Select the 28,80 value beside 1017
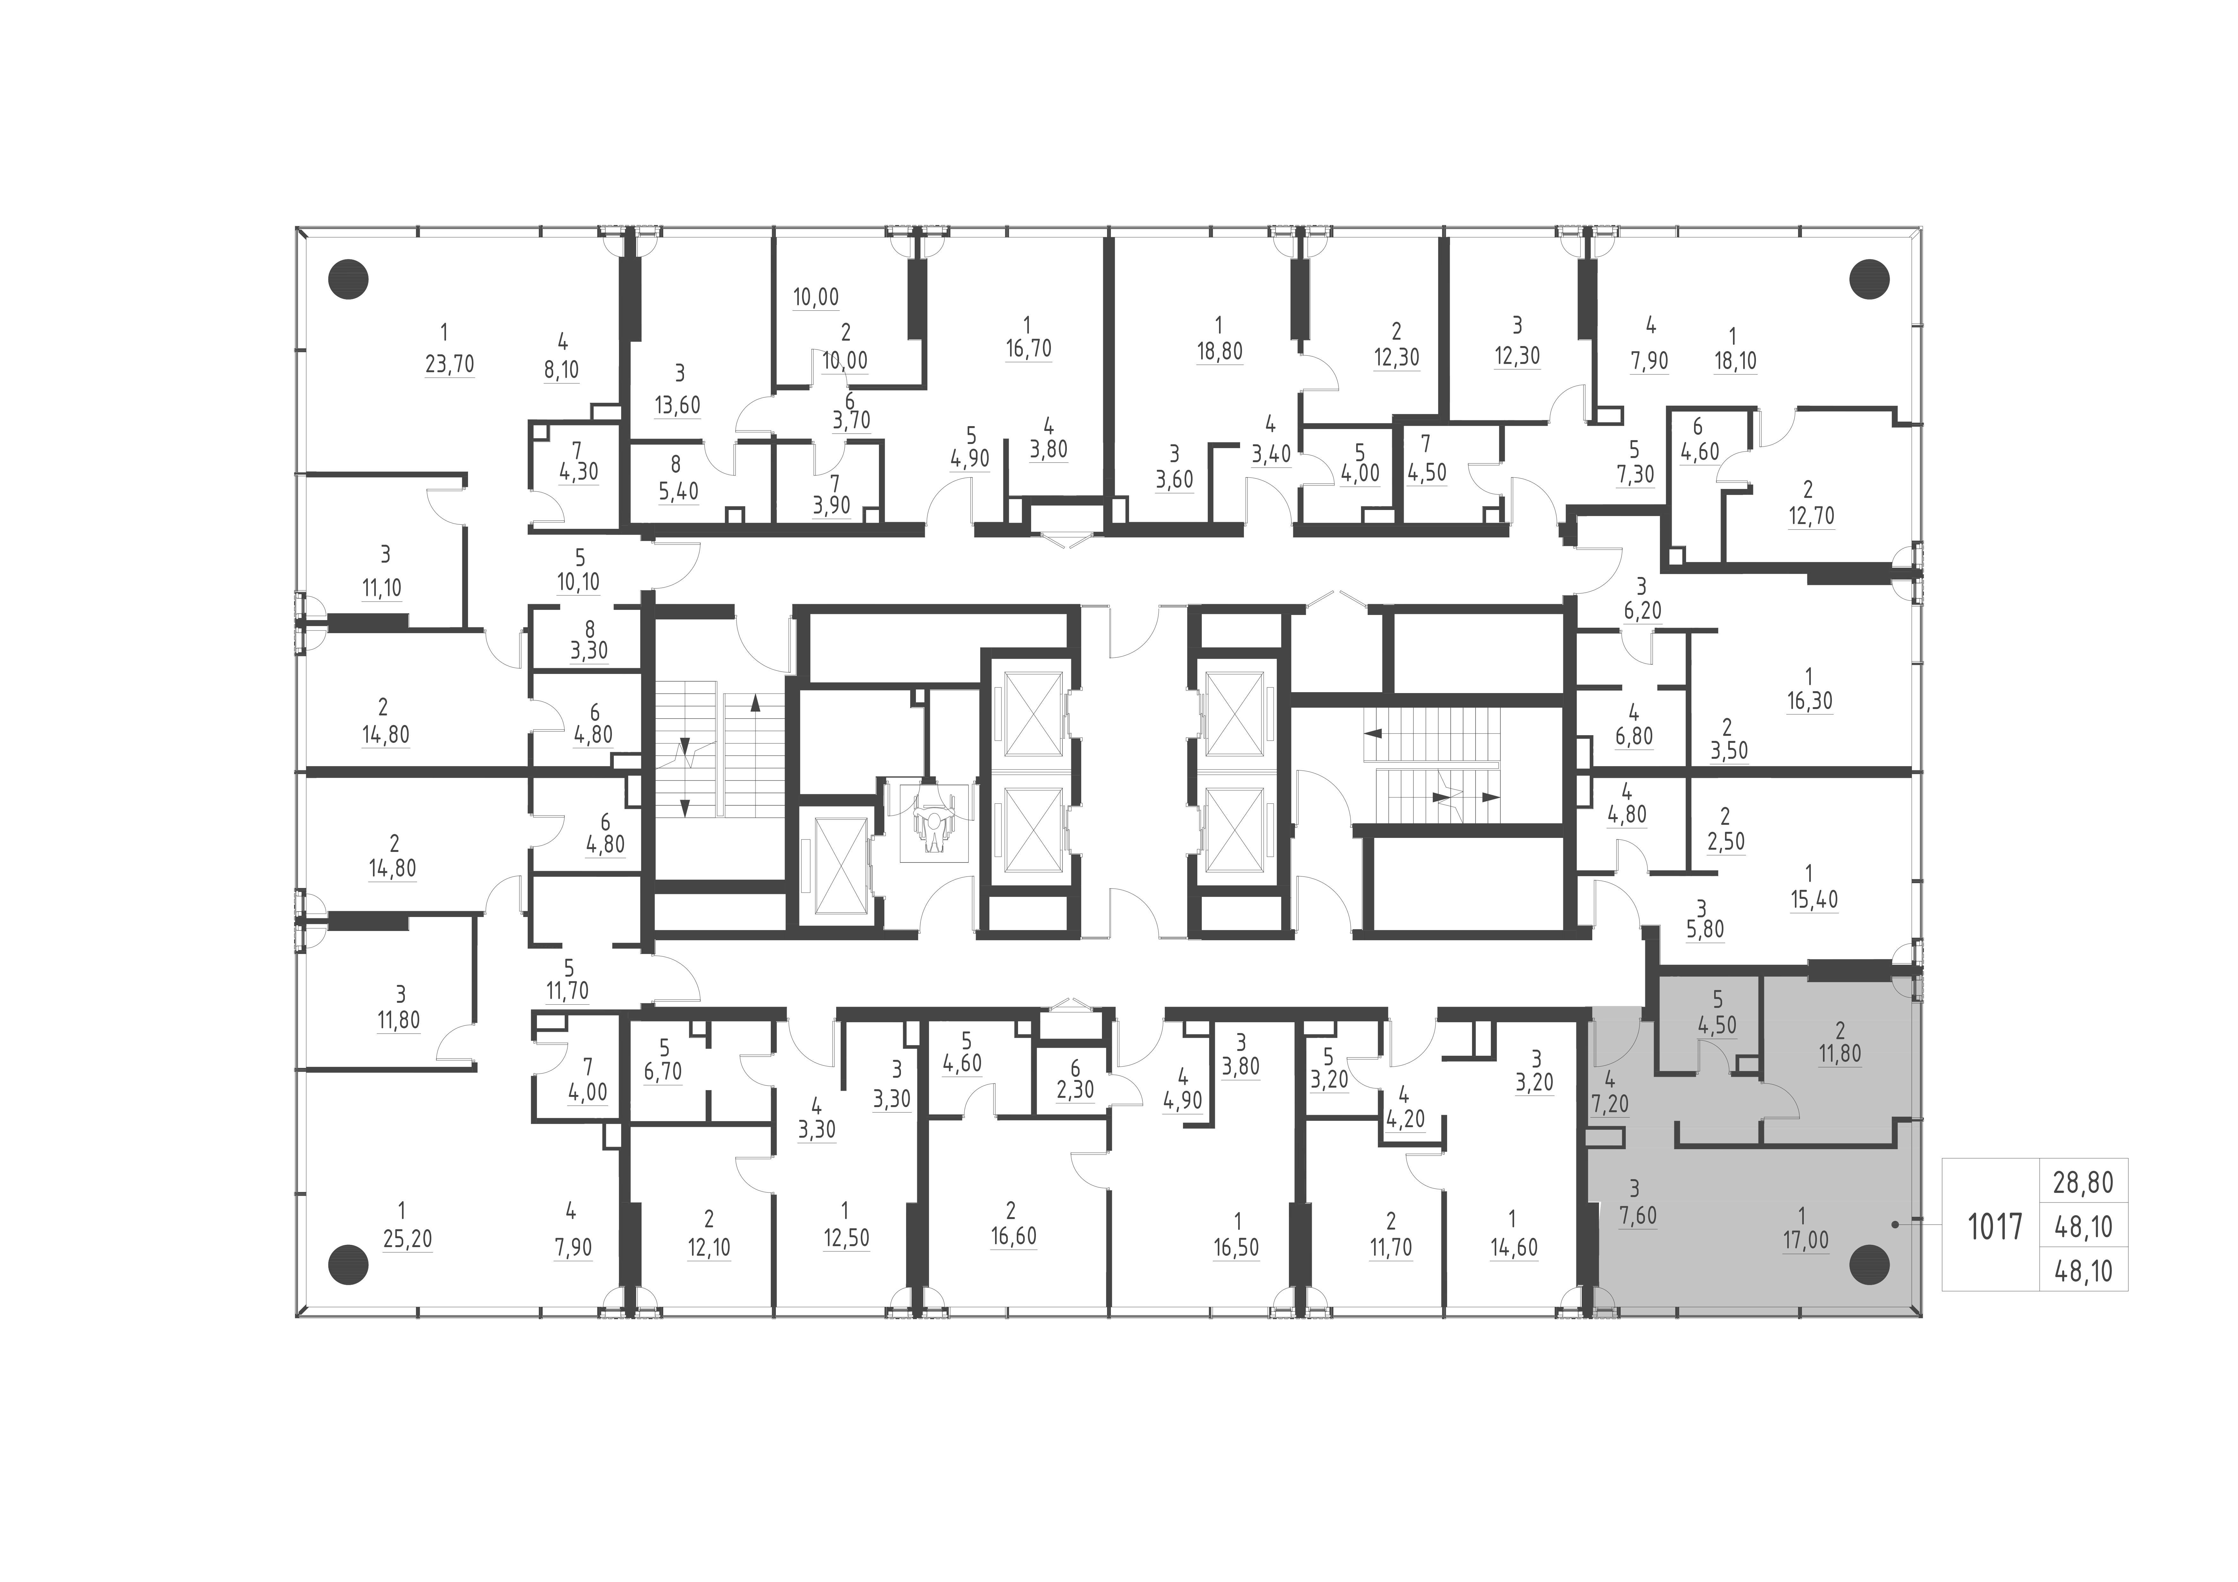(2083, 1183)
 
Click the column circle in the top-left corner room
(348, 280)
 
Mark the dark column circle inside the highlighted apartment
(1869, 1265)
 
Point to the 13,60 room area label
(677, 404)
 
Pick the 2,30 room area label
(1075, 1090)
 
